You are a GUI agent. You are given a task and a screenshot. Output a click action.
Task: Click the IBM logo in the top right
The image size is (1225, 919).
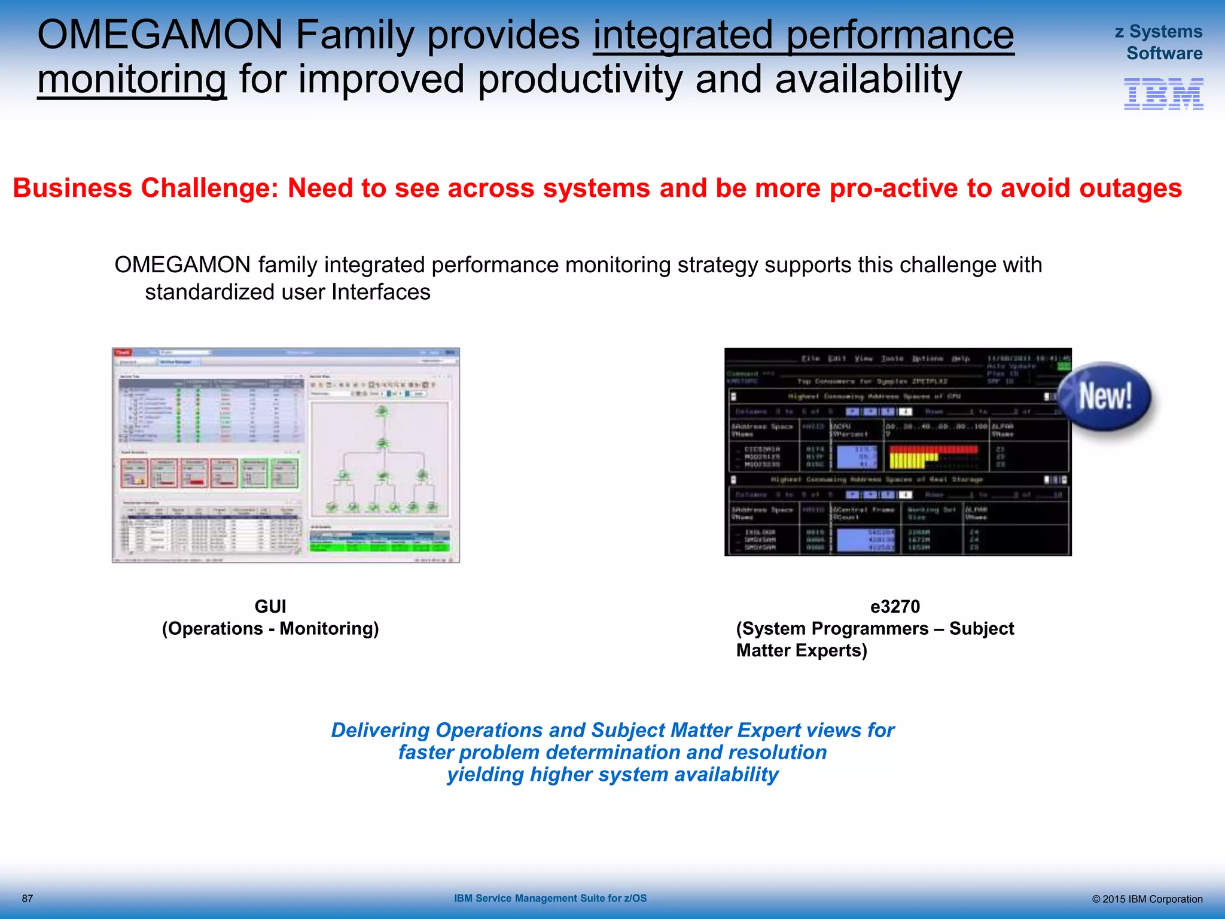pos(1163,94)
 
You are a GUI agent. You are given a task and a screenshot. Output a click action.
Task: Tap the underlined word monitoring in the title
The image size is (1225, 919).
pos(132,80)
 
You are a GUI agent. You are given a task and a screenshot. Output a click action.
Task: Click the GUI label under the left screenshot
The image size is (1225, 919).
pos(270,606)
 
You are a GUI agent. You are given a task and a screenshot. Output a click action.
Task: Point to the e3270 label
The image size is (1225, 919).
pos(895,606)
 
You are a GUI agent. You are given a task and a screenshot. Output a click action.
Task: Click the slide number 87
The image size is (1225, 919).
pos(28,898)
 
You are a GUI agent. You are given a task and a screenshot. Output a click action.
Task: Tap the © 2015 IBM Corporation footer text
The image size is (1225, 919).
pos(1147,899)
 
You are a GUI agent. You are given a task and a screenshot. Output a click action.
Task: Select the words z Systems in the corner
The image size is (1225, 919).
pos(1158,31)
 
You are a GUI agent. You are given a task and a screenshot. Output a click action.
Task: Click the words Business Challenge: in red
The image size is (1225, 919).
pos(146,188)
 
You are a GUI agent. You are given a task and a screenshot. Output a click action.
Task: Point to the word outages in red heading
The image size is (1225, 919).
pos(1130,188)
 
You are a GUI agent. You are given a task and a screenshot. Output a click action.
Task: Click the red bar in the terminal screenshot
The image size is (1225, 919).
pos(933,449)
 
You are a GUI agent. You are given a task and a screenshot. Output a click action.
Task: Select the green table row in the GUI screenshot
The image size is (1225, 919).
pos(379,546)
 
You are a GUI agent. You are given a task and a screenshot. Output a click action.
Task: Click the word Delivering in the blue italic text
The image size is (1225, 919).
pos(380,730)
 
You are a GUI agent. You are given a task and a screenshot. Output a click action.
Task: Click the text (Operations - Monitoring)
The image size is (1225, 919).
pos(270,628)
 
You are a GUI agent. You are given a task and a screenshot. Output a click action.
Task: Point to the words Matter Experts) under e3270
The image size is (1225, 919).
pos(802,650)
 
